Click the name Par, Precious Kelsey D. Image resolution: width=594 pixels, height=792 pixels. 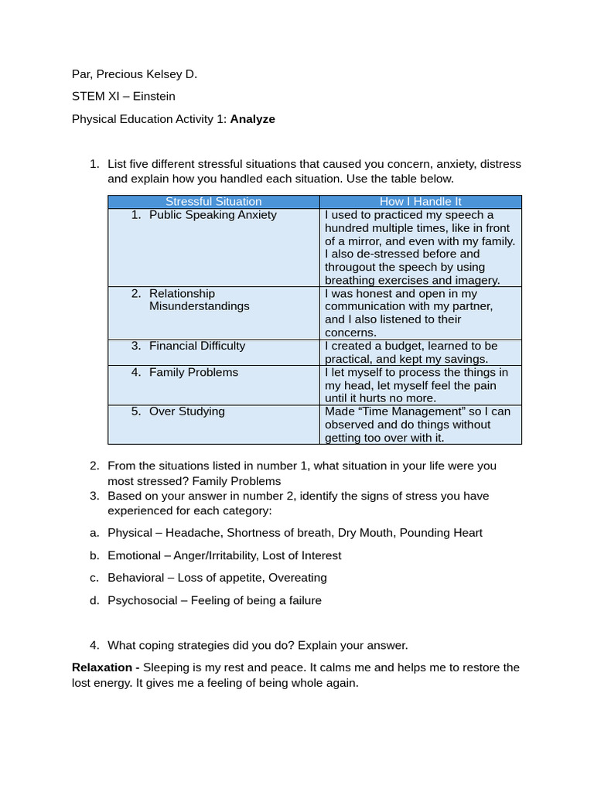[x=135, y=74]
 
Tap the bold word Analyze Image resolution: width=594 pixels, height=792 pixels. [x=252, y=119]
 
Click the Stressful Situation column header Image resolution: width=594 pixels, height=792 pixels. [x=213, y=202]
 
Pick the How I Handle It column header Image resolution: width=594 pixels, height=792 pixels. [x=420, y=202]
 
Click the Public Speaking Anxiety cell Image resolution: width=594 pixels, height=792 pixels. [x=212, y=215]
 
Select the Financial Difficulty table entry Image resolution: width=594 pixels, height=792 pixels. [x=196, y=346]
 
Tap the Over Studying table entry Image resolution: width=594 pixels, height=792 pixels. [x=186, y=411]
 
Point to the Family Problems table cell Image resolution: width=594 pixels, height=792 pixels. [x=193, y=372]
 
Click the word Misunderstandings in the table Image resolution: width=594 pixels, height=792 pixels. [x=199, y=306]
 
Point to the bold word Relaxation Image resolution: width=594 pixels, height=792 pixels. [x=104, y=667]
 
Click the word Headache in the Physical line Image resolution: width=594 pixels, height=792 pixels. [x=193, y=533]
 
